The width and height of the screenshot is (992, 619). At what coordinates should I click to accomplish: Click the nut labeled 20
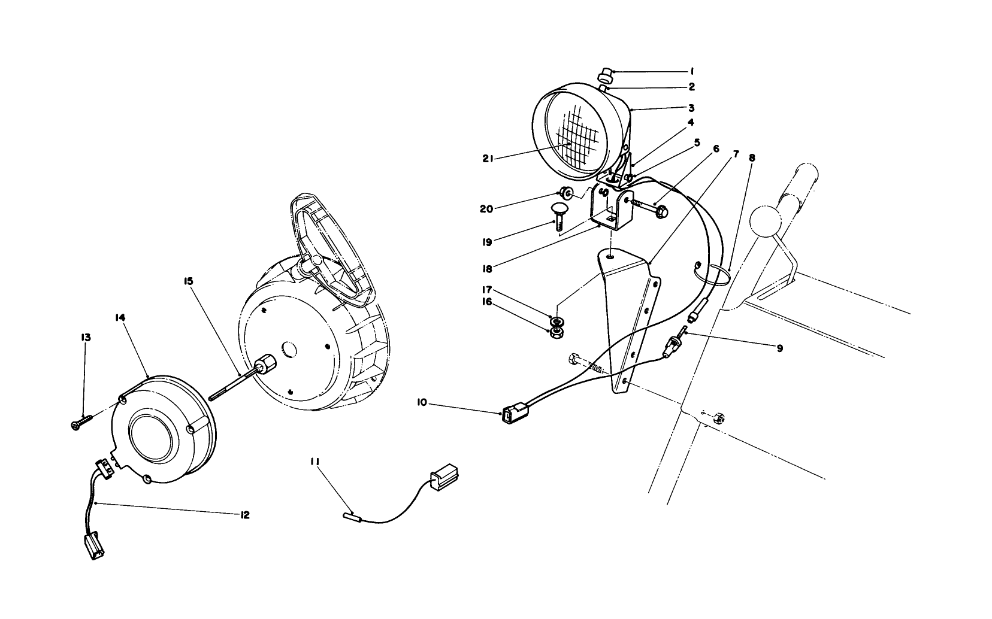coord(565,193)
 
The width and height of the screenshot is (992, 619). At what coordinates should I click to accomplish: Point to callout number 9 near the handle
coord(779,348)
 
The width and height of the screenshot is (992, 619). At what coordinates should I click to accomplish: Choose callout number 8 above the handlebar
coord(752,158)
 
